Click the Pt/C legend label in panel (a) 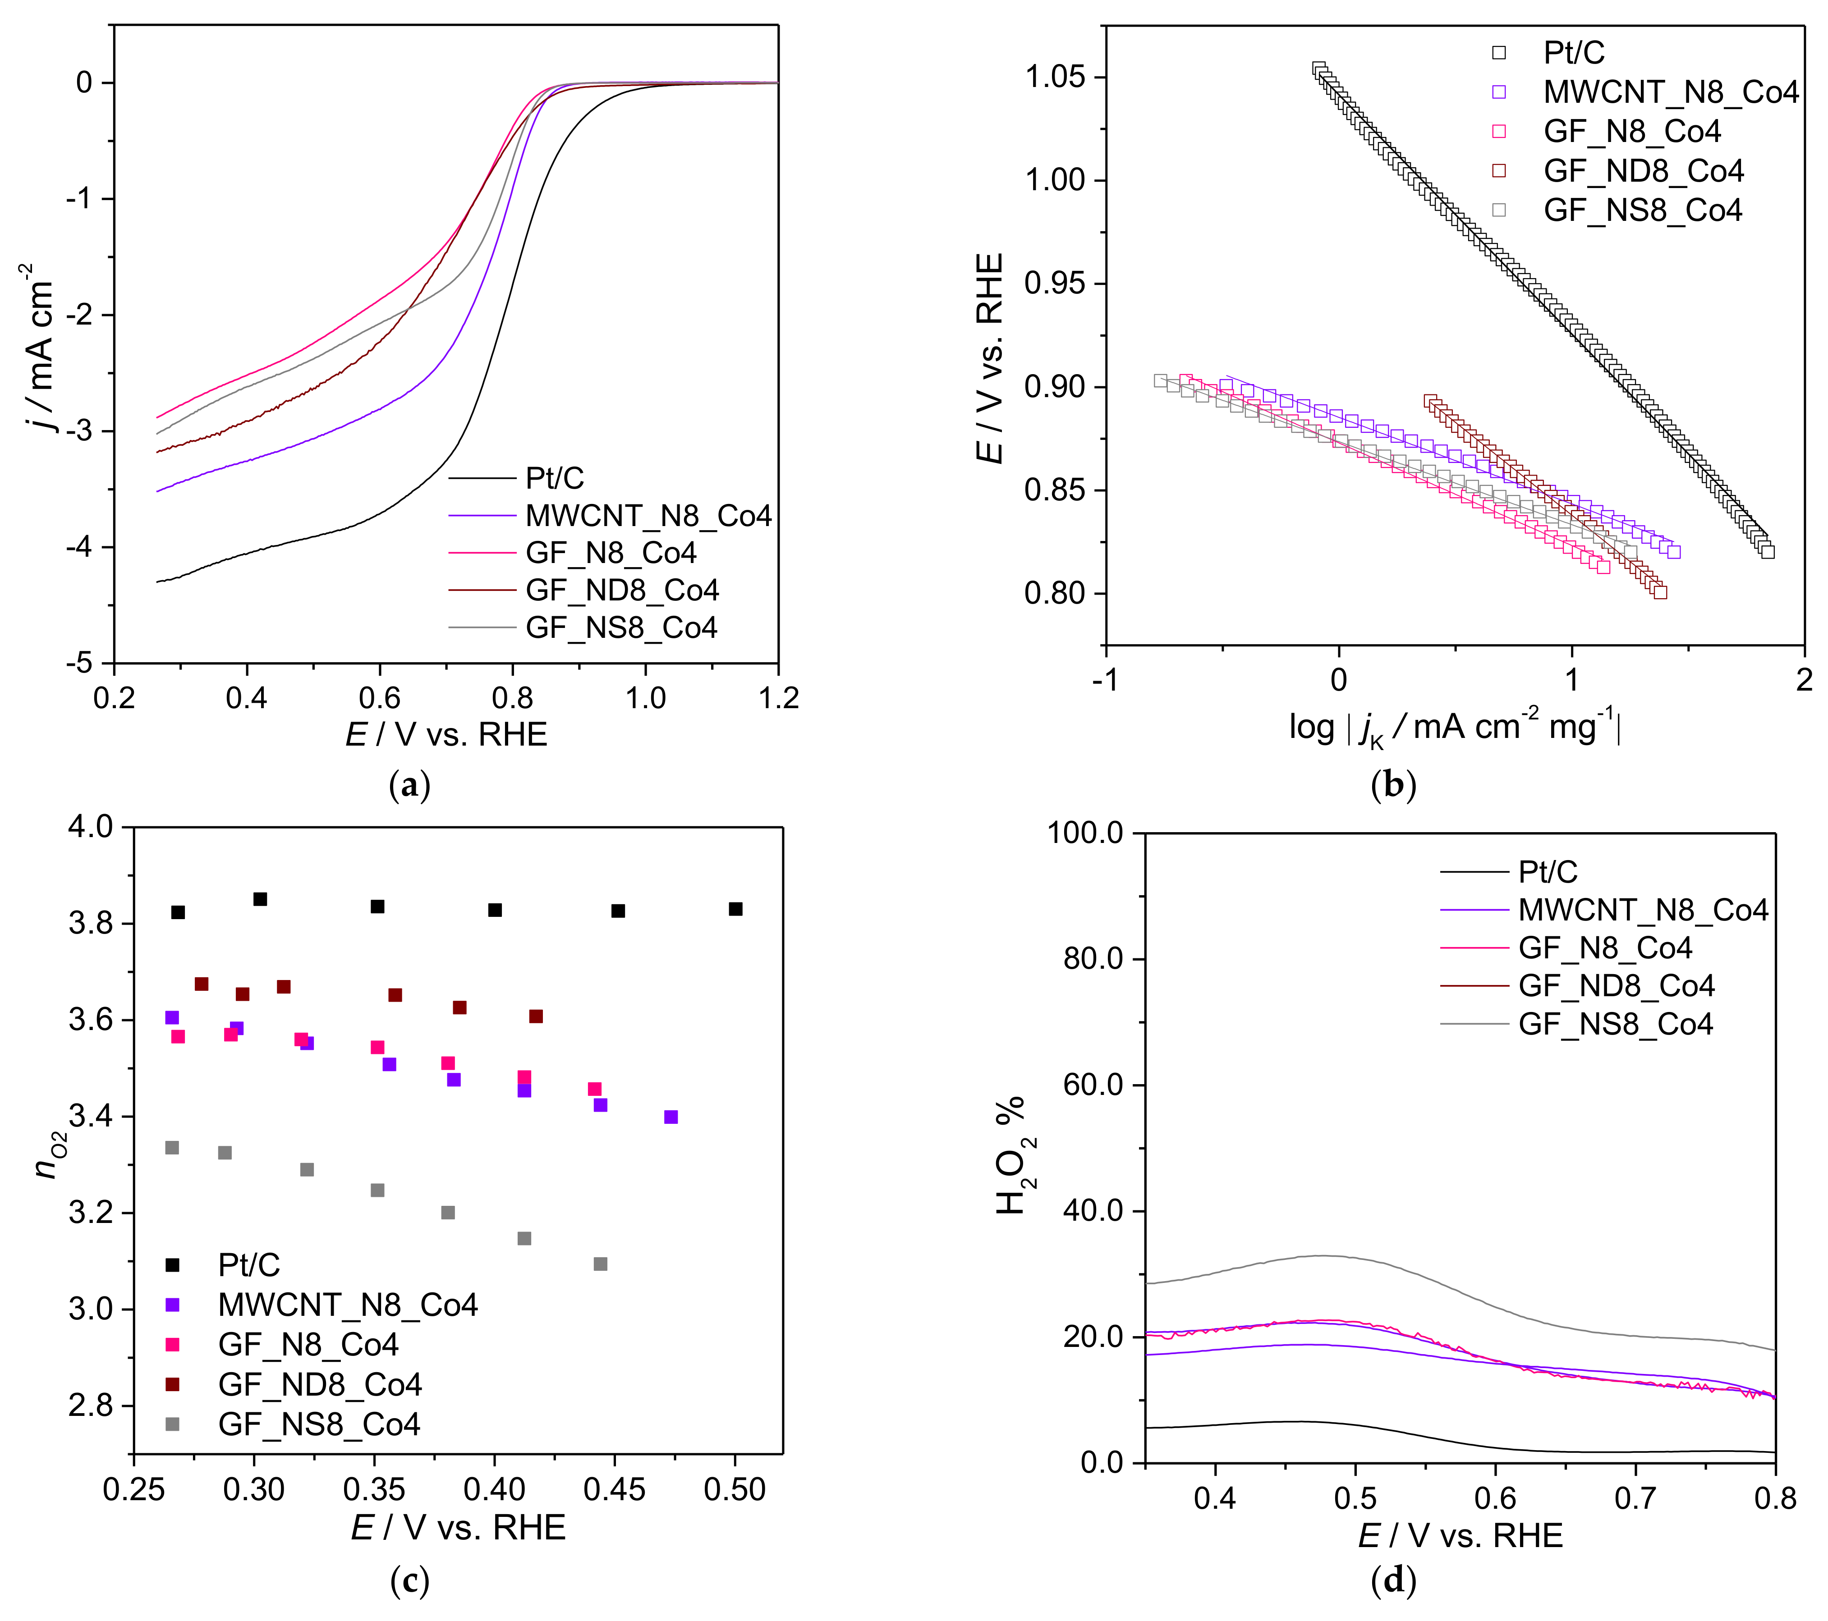pos(555,478)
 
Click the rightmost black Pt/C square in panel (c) pos(735,909)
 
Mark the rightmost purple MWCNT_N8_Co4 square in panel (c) pos(671,1117)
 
